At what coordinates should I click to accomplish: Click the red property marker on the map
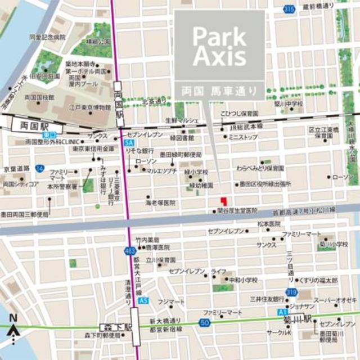click(x=223, y=200)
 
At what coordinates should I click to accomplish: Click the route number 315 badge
click(x=289, y=9)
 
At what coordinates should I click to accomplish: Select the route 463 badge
click(x=131, y=251)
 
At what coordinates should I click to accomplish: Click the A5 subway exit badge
click(x=145, y=300)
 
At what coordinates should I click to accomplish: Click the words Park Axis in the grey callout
click(x=219, y=46)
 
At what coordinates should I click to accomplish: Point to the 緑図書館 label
click(x=182, y=137)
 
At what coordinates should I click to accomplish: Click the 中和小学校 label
click(x=242, y=280)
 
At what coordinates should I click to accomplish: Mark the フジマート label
click(x=171, y=302)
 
